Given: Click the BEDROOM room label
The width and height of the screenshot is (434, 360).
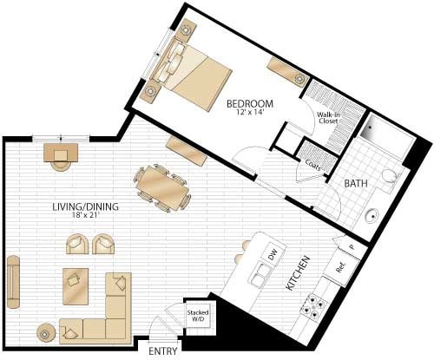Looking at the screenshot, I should point(250,103).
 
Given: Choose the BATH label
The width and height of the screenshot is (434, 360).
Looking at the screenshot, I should point(357,184).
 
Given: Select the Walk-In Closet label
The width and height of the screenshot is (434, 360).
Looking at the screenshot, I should point(327,118).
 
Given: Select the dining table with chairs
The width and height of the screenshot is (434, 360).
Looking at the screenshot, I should point(161,187).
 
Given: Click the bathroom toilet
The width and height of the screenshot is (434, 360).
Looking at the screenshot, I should point(390,180).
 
